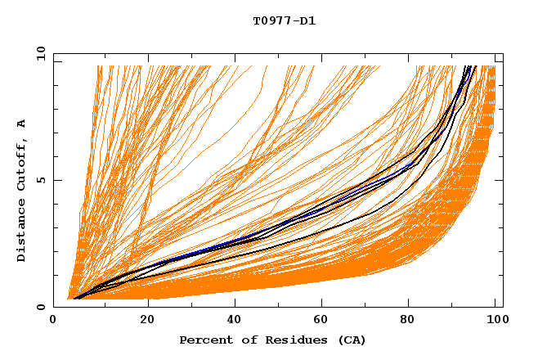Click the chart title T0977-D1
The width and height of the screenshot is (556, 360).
284,20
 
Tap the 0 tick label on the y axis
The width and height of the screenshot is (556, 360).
40,307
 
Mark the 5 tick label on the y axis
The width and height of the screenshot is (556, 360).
40,180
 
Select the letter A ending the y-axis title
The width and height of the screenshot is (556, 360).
21,123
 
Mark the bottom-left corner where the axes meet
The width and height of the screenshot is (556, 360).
54,307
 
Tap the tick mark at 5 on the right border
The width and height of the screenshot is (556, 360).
500,180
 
